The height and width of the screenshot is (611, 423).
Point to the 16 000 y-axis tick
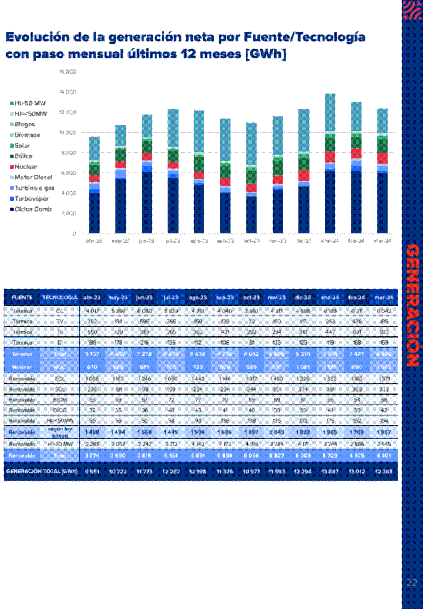68,72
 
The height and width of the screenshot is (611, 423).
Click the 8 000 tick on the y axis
69,153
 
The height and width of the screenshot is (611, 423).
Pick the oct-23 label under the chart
251,241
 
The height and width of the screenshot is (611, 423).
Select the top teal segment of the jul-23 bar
173,128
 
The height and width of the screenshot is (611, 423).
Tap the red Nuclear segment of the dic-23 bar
303,175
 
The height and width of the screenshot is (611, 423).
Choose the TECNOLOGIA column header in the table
59,298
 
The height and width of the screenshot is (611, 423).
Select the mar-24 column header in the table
383,298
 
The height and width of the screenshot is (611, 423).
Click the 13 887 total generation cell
330,472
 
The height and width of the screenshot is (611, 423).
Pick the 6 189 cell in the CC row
330,310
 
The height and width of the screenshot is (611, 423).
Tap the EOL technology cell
59,378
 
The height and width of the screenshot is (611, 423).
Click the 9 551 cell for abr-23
92,472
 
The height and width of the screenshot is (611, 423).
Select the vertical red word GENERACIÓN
412,306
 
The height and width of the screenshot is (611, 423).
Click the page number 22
411,583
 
